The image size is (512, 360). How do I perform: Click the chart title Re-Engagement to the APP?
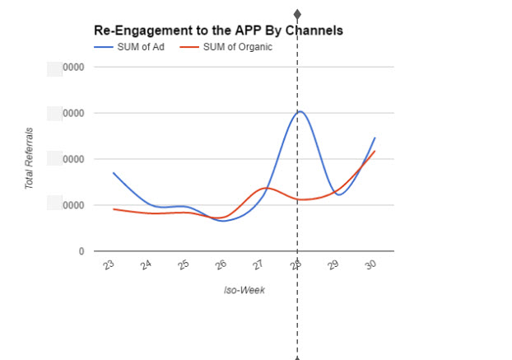coord(218,30)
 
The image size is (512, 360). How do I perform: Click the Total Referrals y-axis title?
coord(29,158)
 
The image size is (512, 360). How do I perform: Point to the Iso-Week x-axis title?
coord(244,290)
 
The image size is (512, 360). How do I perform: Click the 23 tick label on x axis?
coord(109,265)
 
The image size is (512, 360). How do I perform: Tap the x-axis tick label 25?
coord(184,265)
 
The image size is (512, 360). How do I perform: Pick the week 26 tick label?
coord(222,265)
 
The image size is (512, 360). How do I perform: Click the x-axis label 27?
coord(260,265)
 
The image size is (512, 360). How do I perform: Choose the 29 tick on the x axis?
coord(335,265)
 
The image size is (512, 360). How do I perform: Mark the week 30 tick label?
coord(373,265)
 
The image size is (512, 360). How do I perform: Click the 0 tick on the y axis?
coord(81,251)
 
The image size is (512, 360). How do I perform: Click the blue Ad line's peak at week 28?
coord(300,111)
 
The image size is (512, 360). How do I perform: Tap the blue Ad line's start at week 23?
coord(114,173)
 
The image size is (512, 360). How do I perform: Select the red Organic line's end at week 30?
coord(375,151)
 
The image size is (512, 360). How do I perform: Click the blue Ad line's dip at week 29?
coord(338,194)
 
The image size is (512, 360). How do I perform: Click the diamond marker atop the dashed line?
coord(297,15)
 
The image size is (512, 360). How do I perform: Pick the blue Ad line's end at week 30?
coord(375,138)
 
